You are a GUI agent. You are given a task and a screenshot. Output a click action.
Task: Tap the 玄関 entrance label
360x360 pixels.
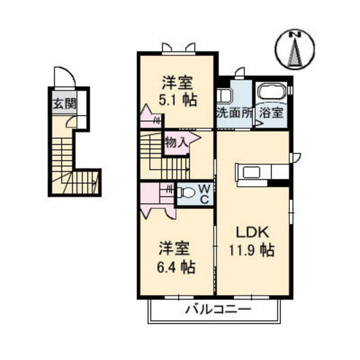point(61,102)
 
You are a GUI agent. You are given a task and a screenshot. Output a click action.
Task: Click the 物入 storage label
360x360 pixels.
point(176,141)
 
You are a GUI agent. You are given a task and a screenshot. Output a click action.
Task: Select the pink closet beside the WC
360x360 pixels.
point(157,199)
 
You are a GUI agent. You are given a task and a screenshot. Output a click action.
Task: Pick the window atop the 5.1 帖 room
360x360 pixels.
point(178,48)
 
